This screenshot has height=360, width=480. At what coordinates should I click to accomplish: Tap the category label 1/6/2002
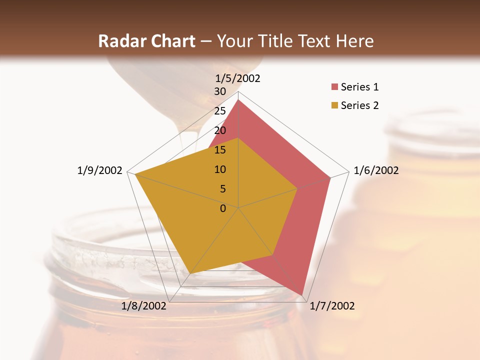click(x=376, y=170)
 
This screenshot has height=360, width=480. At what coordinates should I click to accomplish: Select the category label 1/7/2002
click(x=332, y=306)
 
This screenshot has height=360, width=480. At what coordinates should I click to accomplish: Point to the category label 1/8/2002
click(x=144, y=306)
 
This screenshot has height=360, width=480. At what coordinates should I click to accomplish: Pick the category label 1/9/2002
click(x=100, y=170)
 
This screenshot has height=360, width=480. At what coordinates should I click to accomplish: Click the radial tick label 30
click(x=220, y=91)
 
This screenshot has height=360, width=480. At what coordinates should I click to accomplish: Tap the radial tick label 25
click(x=220, y=111)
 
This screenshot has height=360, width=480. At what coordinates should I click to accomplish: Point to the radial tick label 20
click(x=220, y=130)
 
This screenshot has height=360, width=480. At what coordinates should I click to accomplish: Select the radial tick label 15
click(x=220, y=150)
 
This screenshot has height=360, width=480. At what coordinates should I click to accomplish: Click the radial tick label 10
click(x=220, y=169)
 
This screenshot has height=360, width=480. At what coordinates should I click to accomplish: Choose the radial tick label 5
click(x=222, y=189)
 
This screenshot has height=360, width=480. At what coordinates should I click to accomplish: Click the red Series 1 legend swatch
click(x=334, y=87)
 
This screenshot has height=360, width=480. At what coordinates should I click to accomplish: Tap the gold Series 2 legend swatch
click(x=334, y=105)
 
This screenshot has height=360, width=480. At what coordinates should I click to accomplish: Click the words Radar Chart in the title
click(x=146, y=41)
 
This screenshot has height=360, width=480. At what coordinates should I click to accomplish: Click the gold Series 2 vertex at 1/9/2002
click(x=135, y=174)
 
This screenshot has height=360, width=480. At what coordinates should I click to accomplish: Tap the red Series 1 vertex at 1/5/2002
click(x=238, y=100)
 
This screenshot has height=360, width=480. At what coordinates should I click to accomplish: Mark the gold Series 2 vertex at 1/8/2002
click(x=190, y=273)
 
